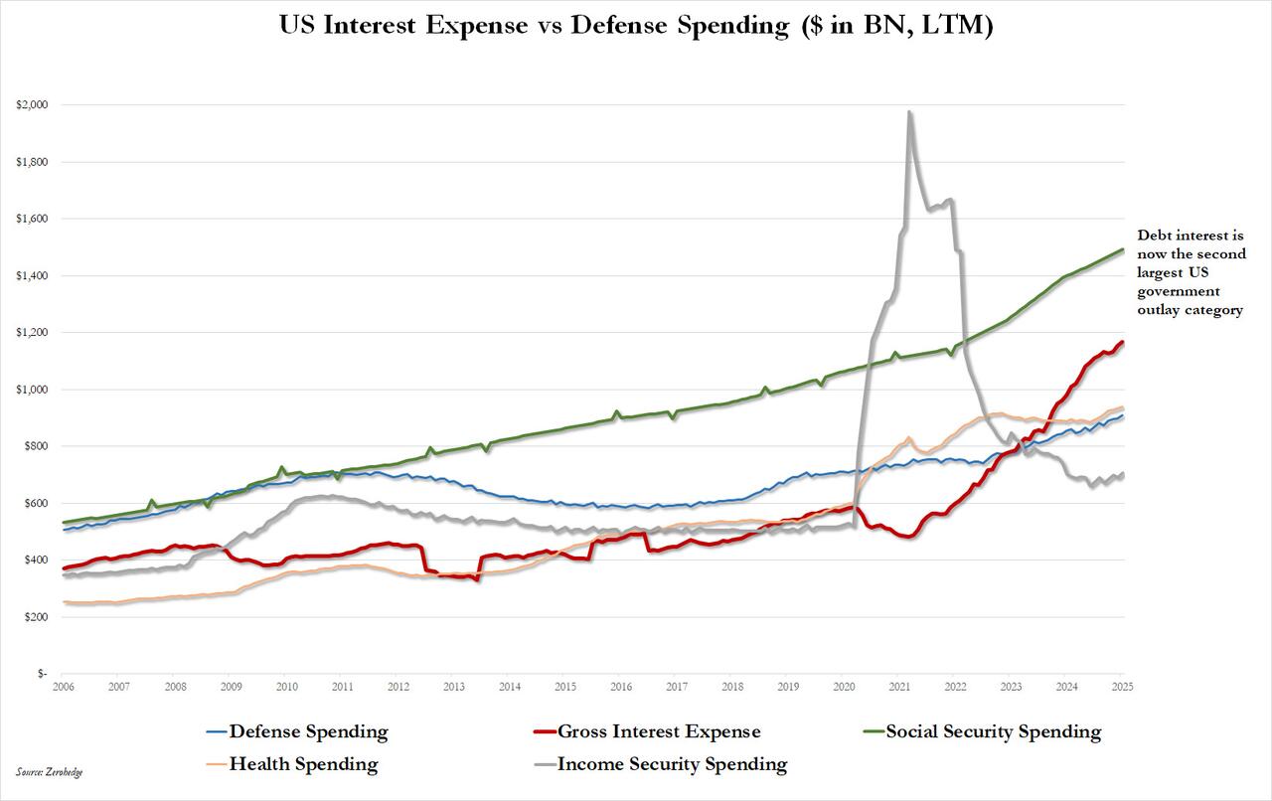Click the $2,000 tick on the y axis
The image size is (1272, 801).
point(34,104)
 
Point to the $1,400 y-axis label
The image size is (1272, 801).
point(34,275)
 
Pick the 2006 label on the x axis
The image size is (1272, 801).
point(63,687)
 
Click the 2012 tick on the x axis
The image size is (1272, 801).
point(397,687)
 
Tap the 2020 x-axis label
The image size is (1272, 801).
point(844,687)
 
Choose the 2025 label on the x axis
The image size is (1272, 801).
point(1123,687)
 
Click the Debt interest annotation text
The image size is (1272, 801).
point(1190,273)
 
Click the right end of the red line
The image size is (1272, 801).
point(1123,342)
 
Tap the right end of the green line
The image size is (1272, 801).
point(1123,249)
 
